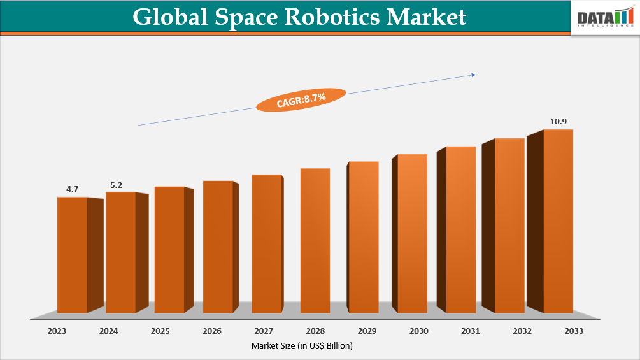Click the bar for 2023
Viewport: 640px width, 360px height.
(x=72, y=255)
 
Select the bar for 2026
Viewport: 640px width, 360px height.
(x=218, y=247)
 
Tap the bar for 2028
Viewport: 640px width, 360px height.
(x=315, y=241)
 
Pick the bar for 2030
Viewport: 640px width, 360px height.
(x=412, y=234)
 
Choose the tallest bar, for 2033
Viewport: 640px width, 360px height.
(x=558, y=221)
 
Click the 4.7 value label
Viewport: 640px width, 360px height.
(x=72, y=189)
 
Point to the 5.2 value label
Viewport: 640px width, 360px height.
(x=117, y=185)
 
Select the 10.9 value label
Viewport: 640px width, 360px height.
(x=558, y=121)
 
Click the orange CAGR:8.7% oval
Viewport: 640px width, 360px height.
(x=301, y=99)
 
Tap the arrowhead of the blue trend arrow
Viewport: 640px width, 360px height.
(x=473, y=75)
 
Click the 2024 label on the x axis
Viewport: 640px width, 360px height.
(x=109, y=331)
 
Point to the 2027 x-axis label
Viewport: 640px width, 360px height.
(x=263, y=331)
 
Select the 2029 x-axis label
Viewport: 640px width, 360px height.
(x=366, y=331)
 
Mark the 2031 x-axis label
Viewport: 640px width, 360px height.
(x=470, y=331)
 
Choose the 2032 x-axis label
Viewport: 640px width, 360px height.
(x=522, y=331)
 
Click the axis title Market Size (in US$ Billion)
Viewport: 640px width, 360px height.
(x=302, y=345)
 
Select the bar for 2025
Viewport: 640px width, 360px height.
(x=169, y=250)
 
